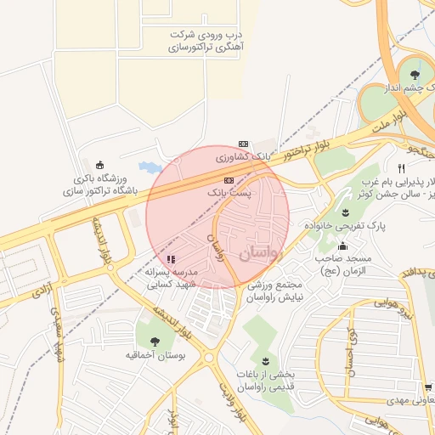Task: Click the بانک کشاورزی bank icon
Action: pos(243,144)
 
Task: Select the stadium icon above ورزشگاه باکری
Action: pos(100,164)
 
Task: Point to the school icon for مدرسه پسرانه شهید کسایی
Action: pos(170,259)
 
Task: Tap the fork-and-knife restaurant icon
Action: pos(401,168)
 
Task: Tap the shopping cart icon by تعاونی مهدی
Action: pos(430,386)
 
